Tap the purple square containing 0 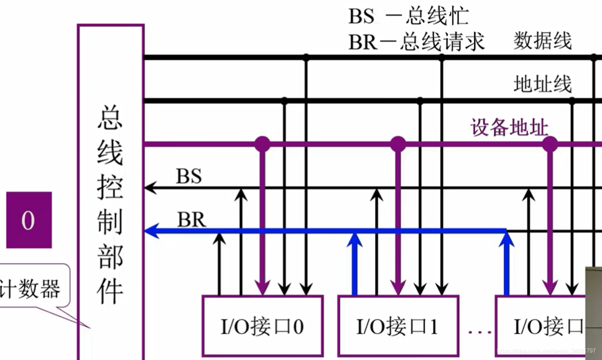coord(29,220)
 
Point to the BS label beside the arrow coord(188,177)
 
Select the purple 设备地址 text coord(509,128)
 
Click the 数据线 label coord(542,41)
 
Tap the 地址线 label coord(542,83)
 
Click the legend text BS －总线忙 coord(408,16)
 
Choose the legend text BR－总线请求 coord(416,42)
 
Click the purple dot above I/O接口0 coord(262,144)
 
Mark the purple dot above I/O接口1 coord(397,144)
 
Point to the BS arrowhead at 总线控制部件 coord(149,187)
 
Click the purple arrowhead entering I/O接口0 coord(262,287)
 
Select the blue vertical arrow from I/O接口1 coord(354,261)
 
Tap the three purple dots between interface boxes coord(479,332)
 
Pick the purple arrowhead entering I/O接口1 coord(398,287)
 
